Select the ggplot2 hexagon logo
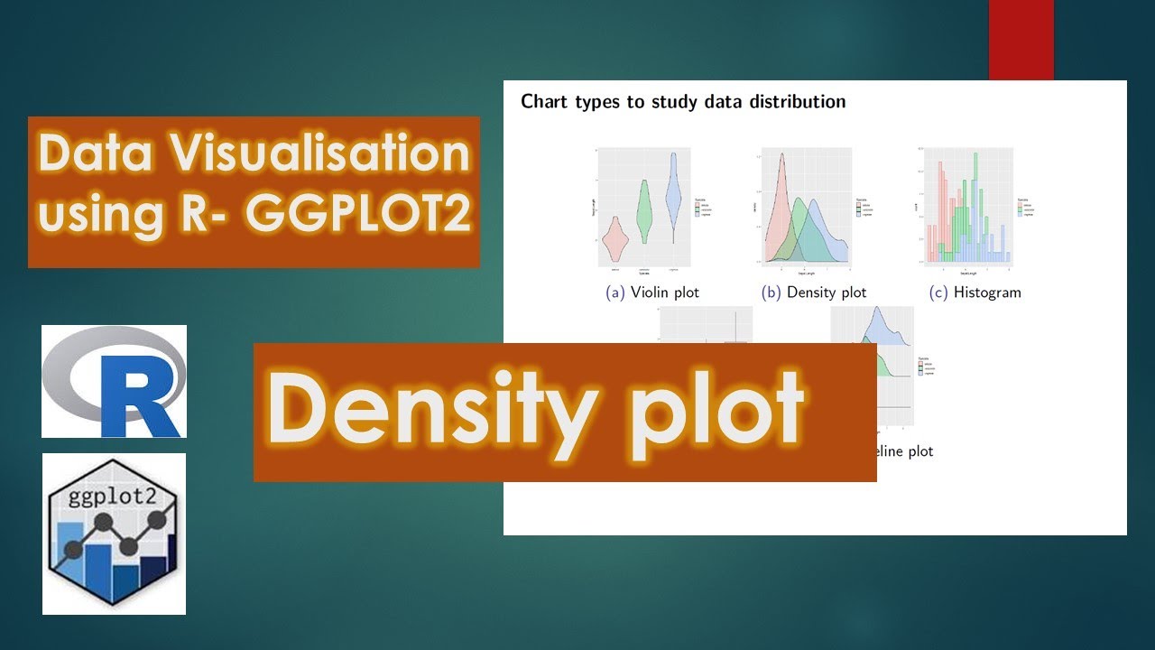[x=115, y=533]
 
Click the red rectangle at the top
[x=1021, y=40]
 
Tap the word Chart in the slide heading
[x=544, y=101]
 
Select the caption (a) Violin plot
[x=651, y=292]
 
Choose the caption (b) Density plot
[x=814, y=292]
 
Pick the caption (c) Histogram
[x=975, y=292]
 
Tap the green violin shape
[x=644, y=211]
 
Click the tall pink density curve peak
[x=781, y=181]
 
